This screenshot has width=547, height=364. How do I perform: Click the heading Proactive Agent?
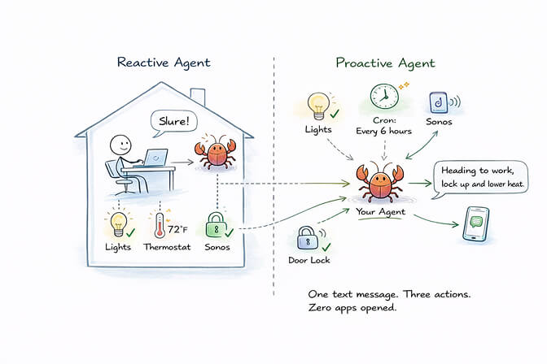pos(385,63)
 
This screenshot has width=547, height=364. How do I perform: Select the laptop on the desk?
pos(155,157)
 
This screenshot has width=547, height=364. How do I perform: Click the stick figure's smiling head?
pos(120,145)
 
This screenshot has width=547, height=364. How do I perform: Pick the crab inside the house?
pos(215,153)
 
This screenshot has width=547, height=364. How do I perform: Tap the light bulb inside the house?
pos(119,222)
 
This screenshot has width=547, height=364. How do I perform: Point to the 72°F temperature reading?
pos(178,218)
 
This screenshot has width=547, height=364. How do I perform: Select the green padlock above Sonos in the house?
pos(216,225)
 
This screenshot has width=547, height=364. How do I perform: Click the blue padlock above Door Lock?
pos(307,238)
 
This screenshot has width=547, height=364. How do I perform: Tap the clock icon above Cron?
pos(383,97)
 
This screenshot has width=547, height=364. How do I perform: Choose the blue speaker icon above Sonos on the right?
pos(438,103)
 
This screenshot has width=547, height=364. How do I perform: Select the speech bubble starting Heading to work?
pos(482,177)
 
